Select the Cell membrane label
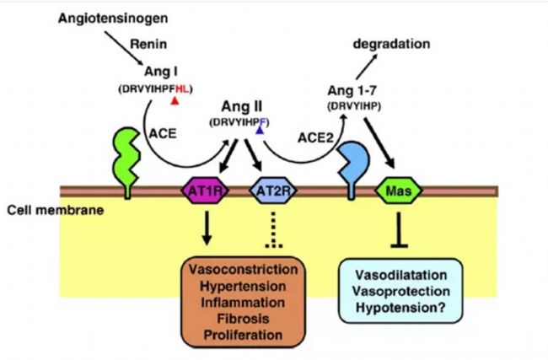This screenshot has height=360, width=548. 51,209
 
